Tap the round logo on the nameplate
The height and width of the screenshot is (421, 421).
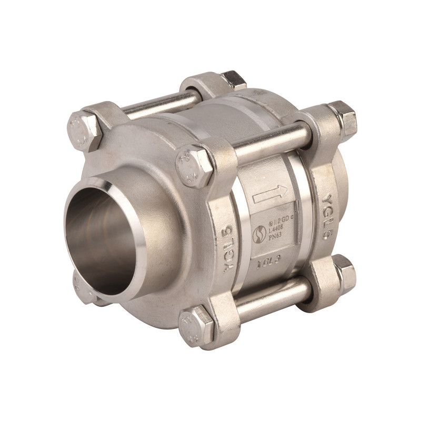pyautogui.click(x=259, y=234)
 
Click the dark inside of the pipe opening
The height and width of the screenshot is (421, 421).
pyautogui.click(x=103, y=237)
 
